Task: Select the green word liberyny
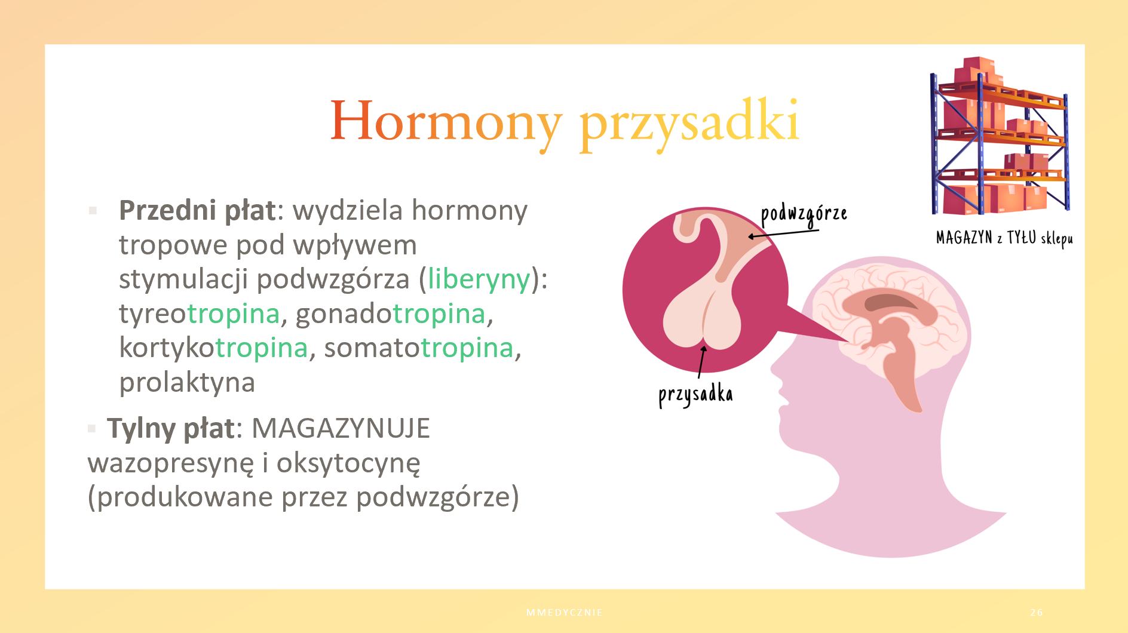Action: coord(479,279)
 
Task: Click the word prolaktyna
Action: coord(187,383)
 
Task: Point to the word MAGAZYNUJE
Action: coord(341,428)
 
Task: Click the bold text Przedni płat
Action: coord(197,211)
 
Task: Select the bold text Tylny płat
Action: coord(171,429)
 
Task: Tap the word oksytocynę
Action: coord(348,463)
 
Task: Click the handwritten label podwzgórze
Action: coord(804,214)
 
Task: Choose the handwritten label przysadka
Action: coord(695,395)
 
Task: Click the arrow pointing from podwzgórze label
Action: coord(783,233)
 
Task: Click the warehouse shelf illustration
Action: coord(1000,136)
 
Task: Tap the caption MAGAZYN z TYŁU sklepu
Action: coord(1004,238)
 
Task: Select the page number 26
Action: coord(1037,612)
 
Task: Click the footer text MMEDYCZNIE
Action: coord(565,612)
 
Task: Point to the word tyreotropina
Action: coord(200,314)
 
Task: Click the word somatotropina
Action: coord(419,348)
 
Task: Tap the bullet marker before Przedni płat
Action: coord(93,210)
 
